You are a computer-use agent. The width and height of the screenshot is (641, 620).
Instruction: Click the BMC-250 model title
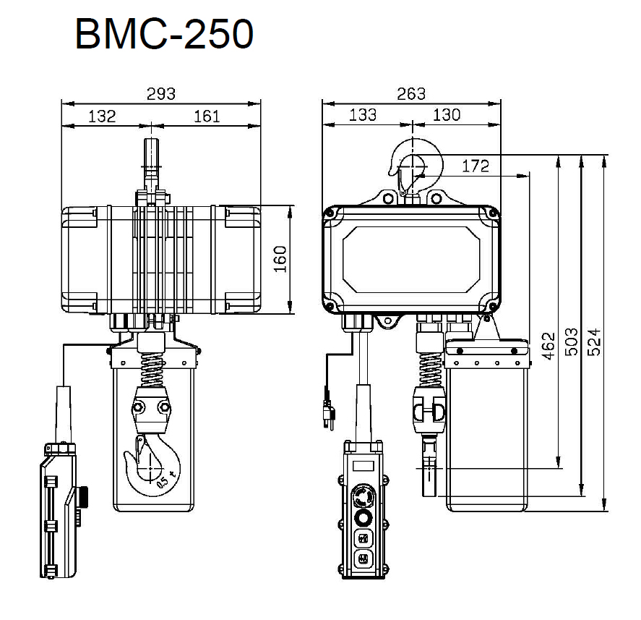tap(164, 34)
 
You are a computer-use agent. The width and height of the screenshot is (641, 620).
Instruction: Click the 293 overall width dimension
tap(161, 94)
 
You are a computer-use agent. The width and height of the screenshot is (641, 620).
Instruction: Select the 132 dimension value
tap(102, 116)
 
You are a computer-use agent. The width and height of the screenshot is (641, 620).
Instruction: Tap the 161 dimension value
tap(207, 116)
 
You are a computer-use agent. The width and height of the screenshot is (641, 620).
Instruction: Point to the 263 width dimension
tap(411, 94)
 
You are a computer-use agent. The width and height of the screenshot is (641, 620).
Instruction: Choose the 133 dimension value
tap(363, 115)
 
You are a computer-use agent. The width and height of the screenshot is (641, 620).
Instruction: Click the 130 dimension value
tap(447, 115)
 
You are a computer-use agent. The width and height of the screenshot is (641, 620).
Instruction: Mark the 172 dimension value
tap(476, 166)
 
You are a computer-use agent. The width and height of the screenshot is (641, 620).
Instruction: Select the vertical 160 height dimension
tap(280, 259)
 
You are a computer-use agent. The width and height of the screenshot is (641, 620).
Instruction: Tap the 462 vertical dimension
tap(548, 347)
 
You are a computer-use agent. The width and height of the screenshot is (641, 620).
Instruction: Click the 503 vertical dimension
tap(572, 341)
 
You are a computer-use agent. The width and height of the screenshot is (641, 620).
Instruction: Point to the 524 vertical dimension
tap(595, 341)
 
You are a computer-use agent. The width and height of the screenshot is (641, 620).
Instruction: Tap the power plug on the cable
tap(329, 412)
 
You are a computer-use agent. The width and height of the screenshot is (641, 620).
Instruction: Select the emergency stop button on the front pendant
tap(363, 496)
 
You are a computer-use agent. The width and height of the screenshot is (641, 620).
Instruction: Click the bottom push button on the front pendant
tap(363, 559)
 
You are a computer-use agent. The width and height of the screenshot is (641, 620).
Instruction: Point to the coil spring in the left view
tap(152, 370)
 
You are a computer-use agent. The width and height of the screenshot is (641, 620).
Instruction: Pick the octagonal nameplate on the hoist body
tap(411, 260)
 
